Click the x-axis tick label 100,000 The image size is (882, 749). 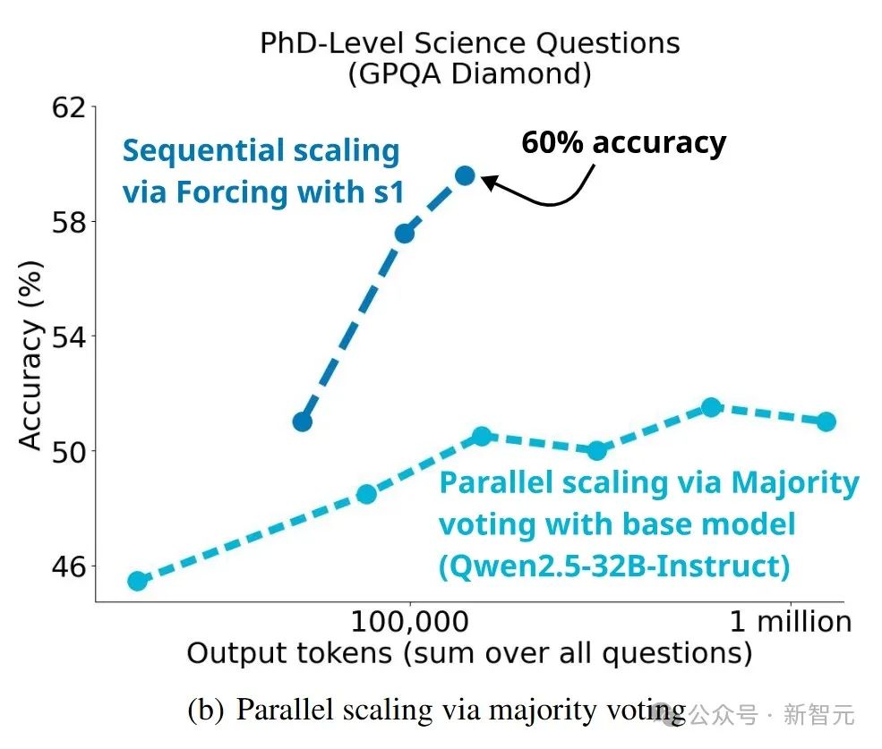click(x=411, y=621)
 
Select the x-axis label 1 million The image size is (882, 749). click(x=789, y=621)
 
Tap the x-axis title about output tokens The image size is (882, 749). click(x=468, y=653)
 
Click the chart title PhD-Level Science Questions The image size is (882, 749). click(x=469, y=42)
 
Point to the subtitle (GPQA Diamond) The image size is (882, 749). click(x=469, y=73)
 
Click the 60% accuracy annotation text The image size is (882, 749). click(x=623, y=142)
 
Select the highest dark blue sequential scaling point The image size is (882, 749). click(x=465, y=175)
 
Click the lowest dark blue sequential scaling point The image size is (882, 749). click(x=303, y=421)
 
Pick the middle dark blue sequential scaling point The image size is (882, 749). click(x=405, y=234)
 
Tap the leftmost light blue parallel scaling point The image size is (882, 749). click(x=137, y=581)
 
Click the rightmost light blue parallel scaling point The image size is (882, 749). click(x=826, y=421)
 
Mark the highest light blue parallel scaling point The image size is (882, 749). click(x=711, y=407)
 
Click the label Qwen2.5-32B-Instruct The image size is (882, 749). click(x=614, y=566)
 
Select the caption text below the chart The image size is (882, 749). click(x=436, y=710)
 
